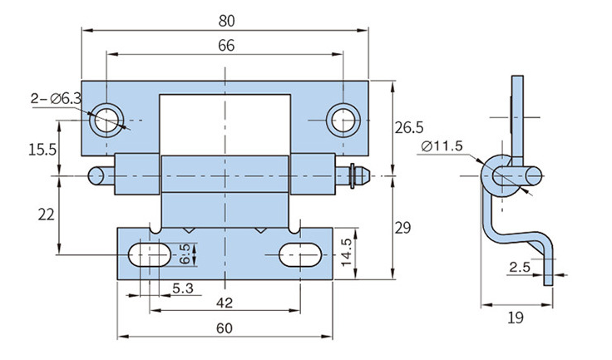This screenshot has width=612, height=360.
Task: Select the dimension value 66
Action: click(225, 46)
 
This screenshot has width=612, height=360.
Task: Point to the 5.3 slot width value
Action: click(185, 288)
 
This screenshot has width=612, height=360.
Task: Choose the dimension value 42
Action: click(224, 301)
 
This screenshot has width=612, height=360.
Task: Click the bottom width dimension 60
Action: click(224, 328)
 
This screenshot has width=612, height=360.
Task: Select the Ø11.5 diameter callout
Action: click(442, 146)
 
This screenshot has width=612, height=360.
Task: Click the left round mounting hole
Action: click(108, 121)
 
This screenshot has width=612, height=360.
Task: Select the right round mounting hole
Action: click(341, 121)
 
